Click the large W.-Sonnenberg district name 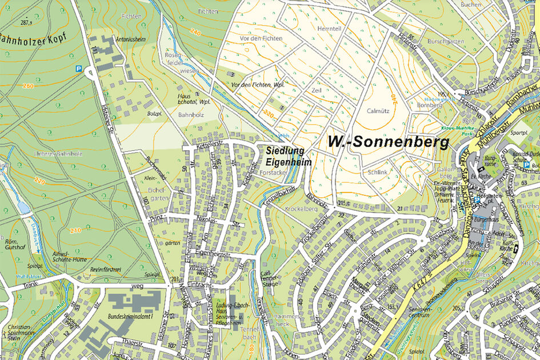[389, 142]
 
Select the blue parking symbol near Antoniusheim [79, 68]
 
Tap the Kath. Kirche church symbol [517, 248]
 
